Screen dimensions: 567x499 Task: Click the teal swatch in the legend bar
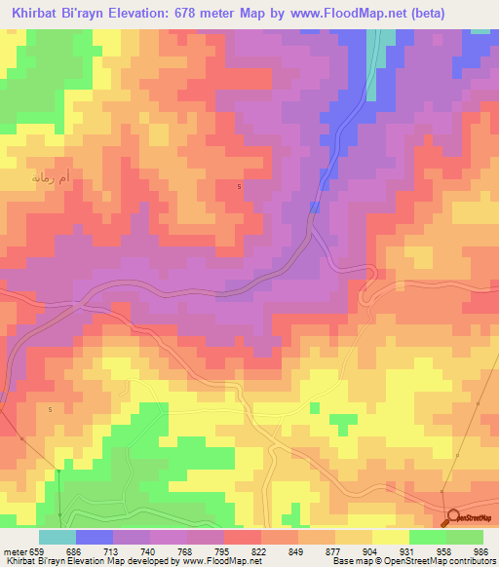click(58, 538)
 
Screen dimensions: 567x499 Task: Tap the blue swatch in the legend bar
click(95, 538)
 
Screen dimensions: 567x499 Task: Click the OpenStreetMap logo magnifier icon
click(451, 517)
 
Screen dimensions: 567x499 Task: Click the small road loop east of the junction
click(367, 293)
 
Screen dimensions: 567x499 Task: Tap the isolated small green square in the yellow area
click(342, 423)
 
